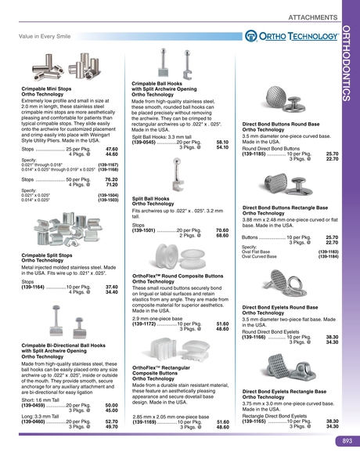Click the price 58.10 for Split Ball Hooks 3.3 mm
pyautogui.click(x=221, y=142)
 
